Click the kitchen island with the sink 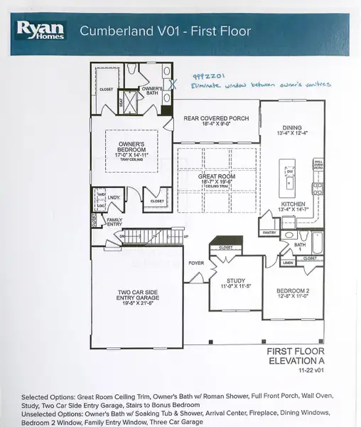point(290,181)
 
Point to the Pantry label point(269,233)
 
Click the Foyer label point(196,263)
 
